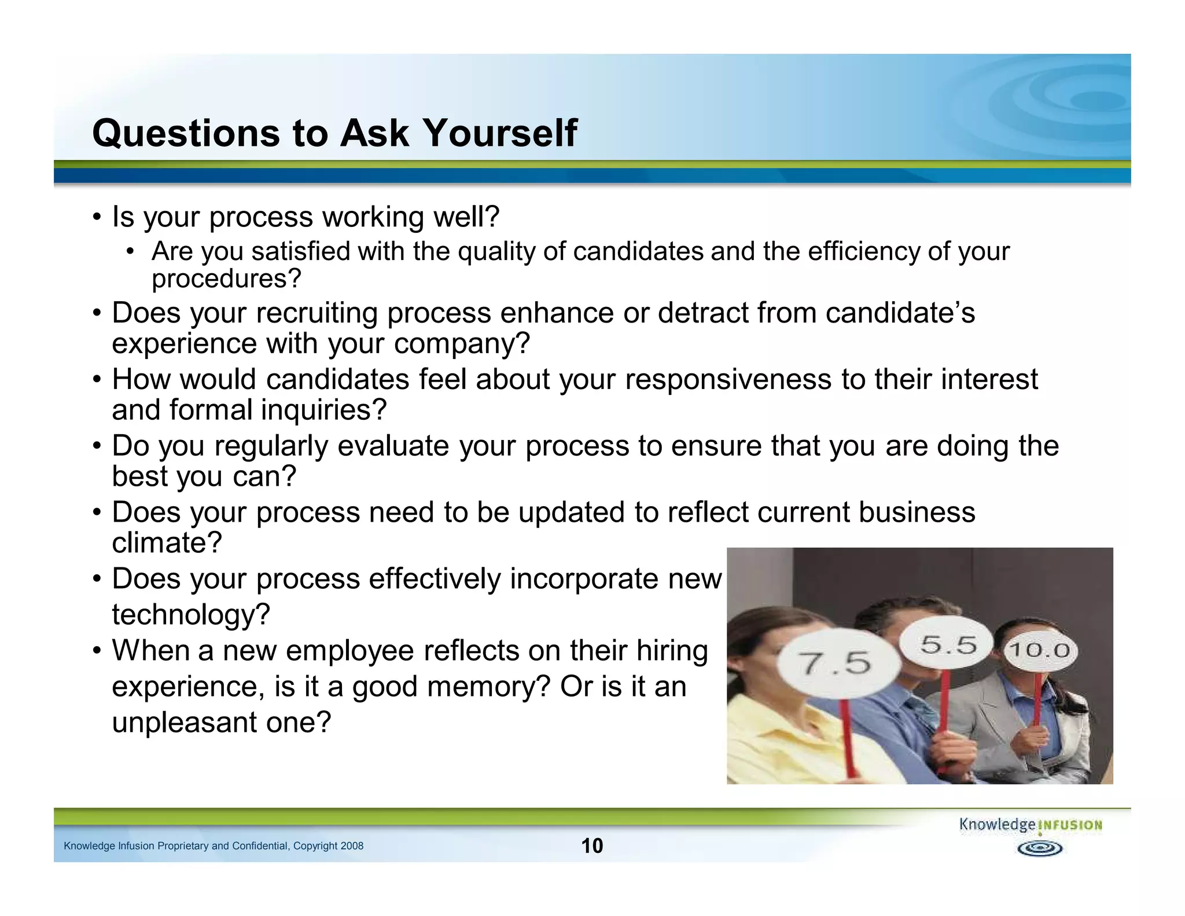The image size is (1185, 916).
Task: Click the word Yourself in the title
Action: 501,133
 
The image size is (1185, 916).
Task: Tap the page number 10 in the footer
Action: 592,845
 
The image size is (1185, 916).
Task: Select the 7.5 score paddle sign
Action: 837,663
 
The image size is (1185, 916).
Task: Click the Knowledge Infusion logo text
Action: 1031,825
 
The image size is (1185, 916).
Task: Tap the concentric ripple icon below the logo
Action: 1040,849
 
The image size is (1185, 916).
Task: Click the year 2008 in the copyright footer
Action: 352,846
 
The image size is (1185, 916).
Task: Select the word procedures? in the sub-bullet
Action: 226,279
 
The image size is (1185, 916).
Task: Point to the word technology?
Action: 191,614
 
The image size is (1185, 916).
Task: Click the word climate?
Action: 167,543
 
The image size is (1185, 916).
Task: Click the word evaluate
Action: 393,446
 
